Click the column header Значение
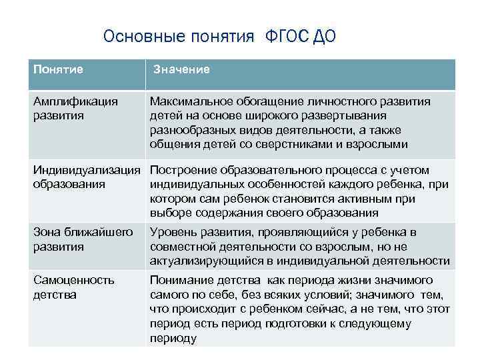181,69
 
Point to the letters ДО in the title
323,36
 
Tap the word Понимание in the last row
179,280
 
